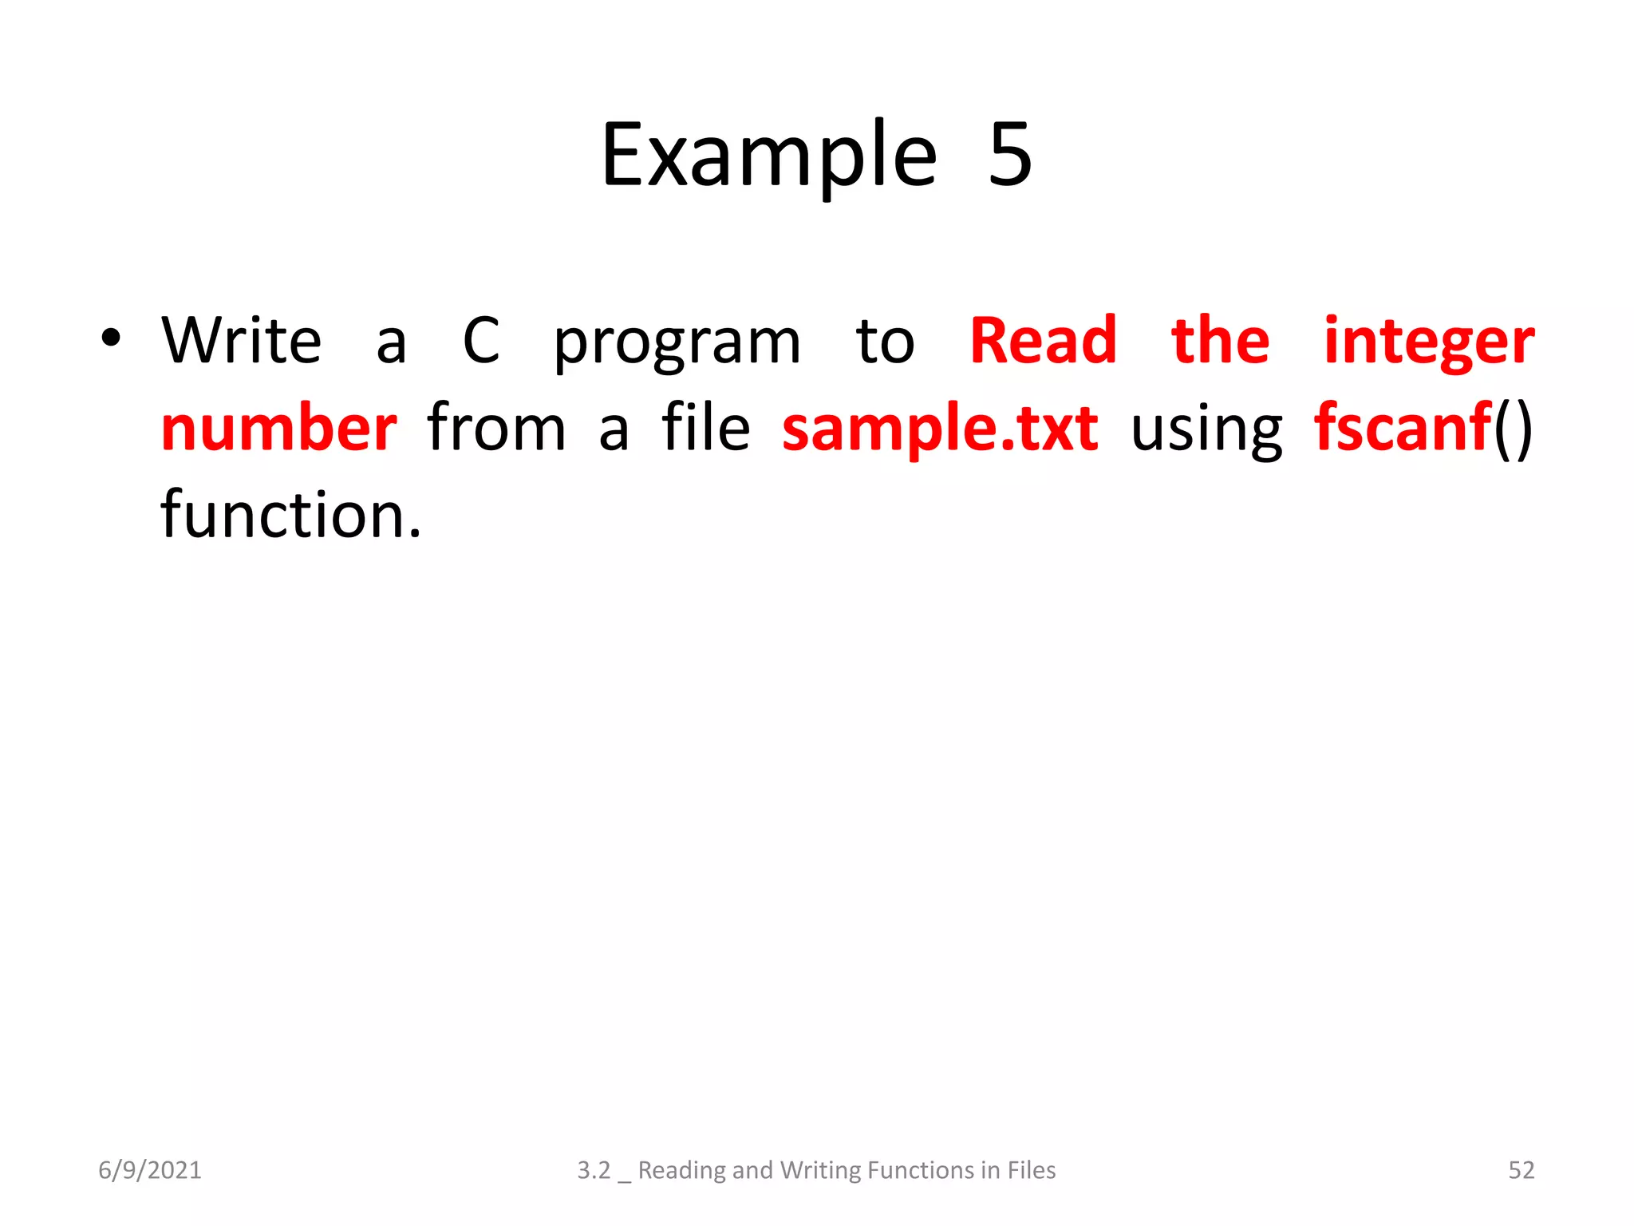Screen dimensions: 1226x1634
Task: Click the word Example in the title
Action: point(768,156)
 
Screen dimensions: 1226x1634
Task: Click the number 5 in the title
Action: point(1010,156)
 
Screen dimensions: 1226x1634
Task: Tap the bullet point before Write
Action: point(111,338)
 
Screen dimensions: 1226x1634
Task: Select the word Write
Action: point(242,341)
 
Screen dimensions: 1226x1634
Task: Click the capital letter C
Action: point(481,341)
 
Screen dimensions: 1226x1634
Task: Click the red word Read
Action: point(1043,341)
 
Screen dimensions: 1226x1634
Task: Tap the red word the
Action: point(1220,341)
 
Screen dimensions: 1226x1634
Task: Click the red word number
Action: point(278,429)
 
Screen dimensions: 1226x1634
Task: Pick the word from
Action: point(496,429)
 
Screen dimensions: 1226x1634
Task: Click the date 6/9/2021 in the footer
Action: point(150,1170)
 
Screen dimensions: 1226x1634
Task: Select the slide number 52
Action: point(1521,1170)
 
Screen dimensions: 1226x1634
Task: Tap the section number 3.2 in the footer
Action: point(594,1170)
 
